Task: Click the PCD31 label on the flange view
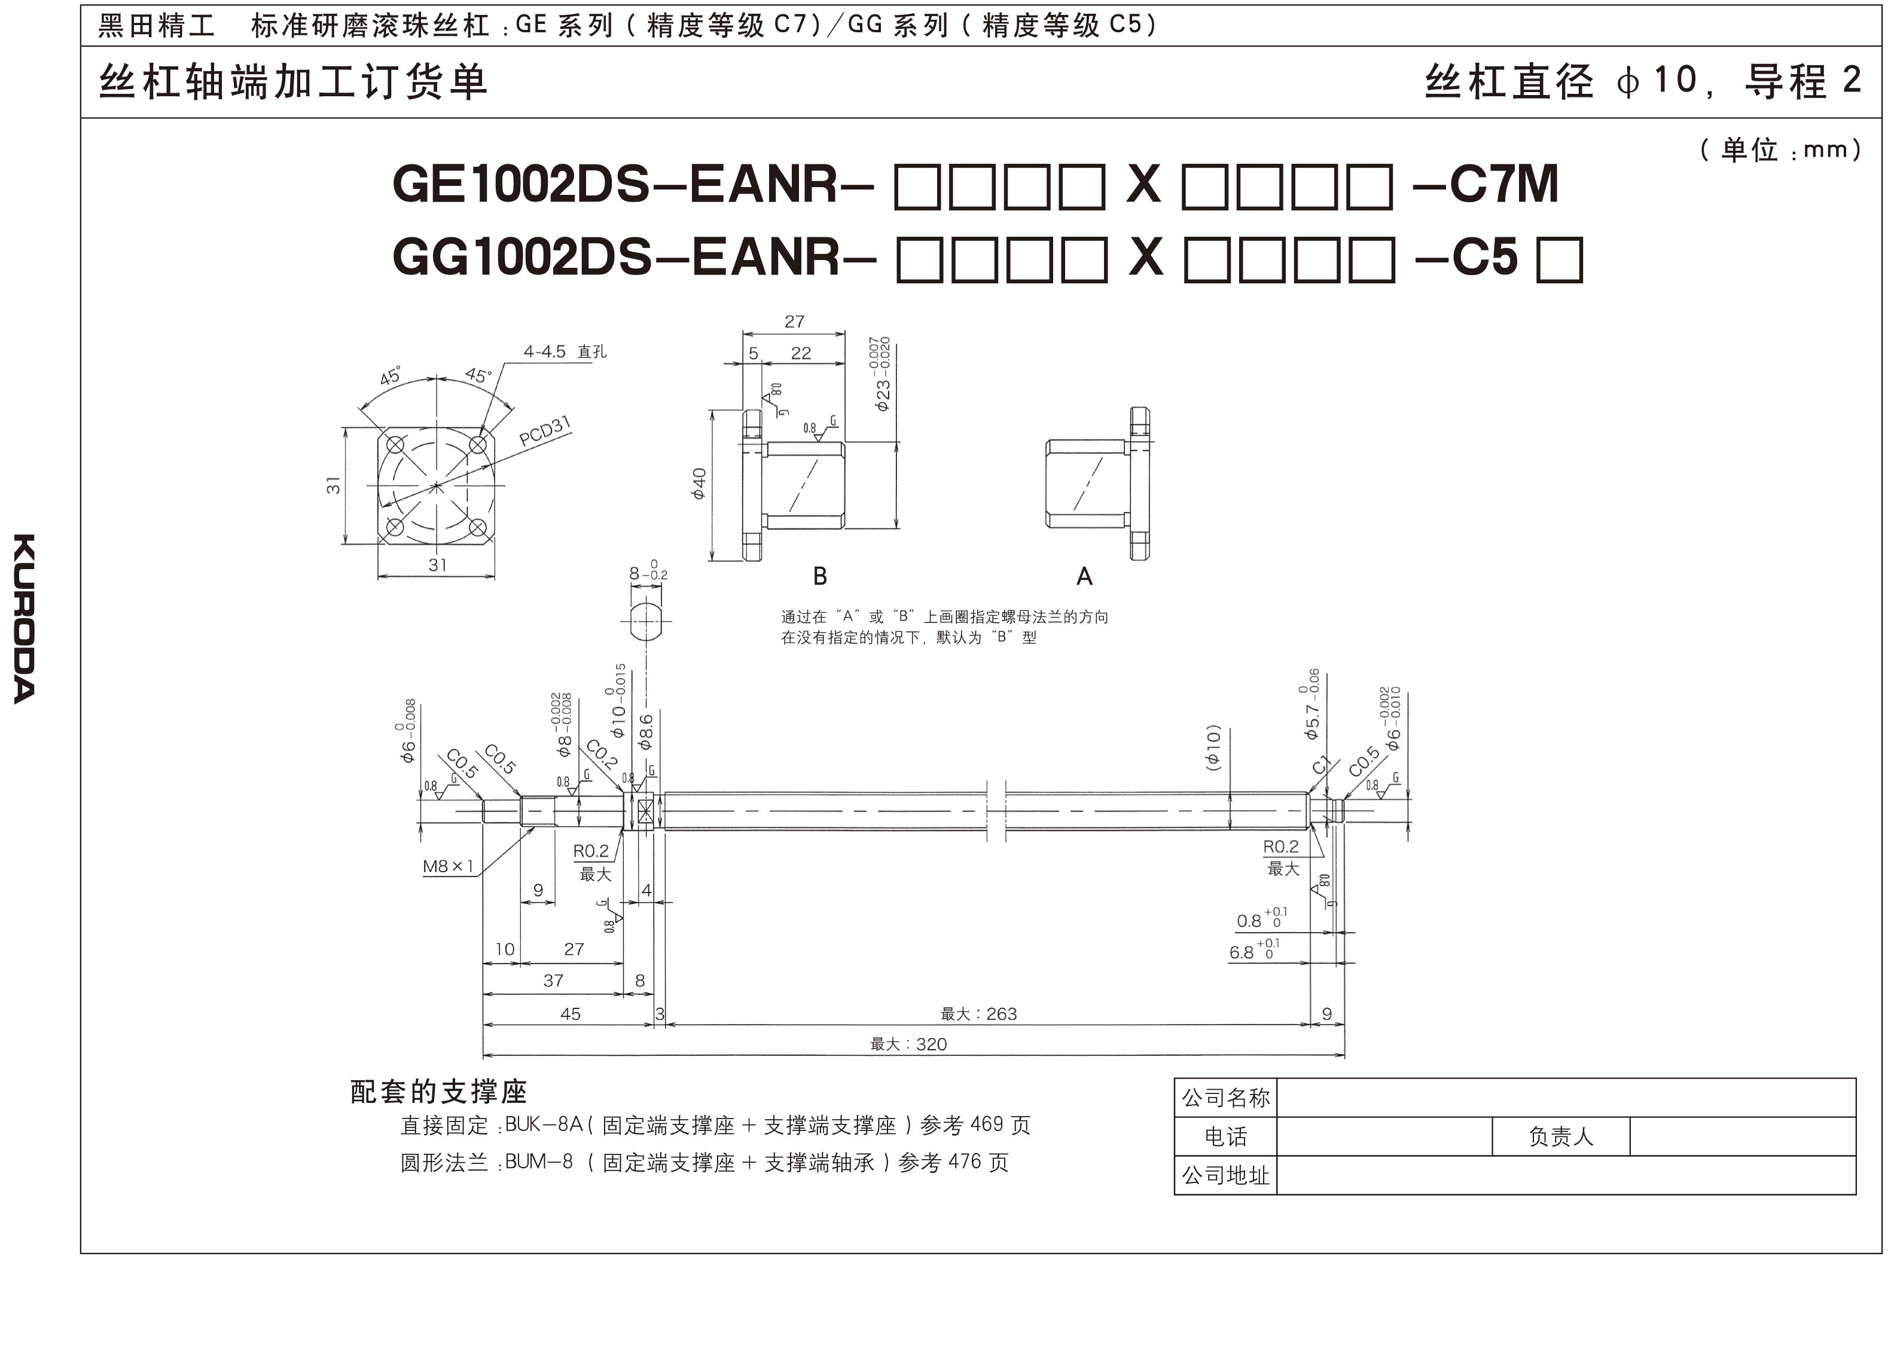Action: click(545, 430)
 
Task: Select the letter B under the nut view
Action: click(820, 576)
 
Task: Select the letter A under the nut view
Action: click(1084, 576)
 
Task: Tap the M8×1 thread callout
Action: click(448, 866)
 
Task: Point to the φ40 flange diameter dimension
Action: click(699, 484)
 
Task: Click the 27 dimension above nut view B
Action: click(794, 321)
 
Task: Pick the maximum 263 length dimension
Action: click(979, 1014)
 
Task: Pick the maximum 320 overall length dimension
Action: click(909, 1044)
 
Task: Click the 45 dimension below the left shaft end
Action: click(571, 1014)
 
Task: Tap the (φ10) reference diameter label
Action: click(1214, 747)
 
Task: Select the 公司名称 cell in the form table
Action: click(1226, 1098)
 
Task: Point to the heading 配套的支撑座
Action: click(439, 1091)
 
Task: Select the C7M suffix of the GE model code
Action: click(1503, 184)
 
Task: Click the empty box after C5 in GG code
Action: click(1559, 259)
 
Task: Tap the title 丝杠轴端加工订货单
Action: click(293, 82)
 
